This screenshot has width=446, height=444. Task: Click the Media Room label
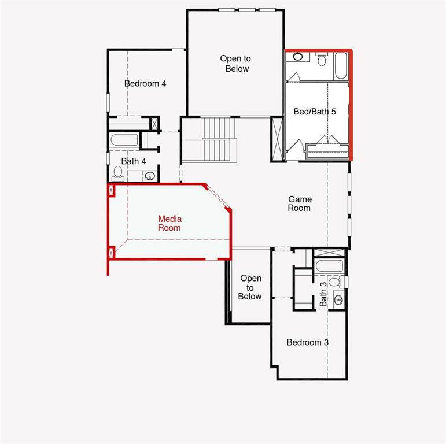pos(169,223)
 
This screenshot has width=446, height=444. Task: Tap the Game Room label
pos(299,203)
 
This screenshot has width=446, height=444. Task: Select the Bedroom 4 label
pos(145,83)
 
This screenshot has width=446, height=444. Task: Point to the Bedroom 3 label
pos(308,342)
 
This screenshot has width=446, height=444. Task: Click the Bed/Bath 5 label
pos(315,112)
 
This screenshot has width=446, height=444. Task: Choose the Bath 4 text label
pos(134,161)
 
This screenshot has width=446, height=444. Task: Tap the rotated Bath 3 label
pos(323,294)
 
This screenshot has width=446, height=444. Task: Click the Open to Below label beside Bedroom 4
pos(235,64)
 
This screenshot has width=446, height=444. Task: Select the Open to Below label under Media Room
pos(250,287)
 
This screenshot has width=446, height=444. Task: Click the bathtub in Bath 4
pos(124,140)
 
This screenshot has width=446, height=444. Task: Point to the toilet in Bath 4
pos(118,172)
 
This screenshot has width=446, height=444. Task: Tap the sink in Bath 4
pos(150,176)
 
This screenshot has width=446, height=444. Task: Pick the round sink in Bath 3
pos(338,299)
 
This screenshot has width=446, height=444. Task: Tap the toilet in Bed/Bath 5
pos(322,59)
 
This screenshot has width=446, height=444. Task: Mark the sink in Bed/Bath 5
pos(298,57)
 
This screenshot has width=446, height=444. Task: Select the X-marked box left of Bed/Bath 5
pos(278,139)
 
